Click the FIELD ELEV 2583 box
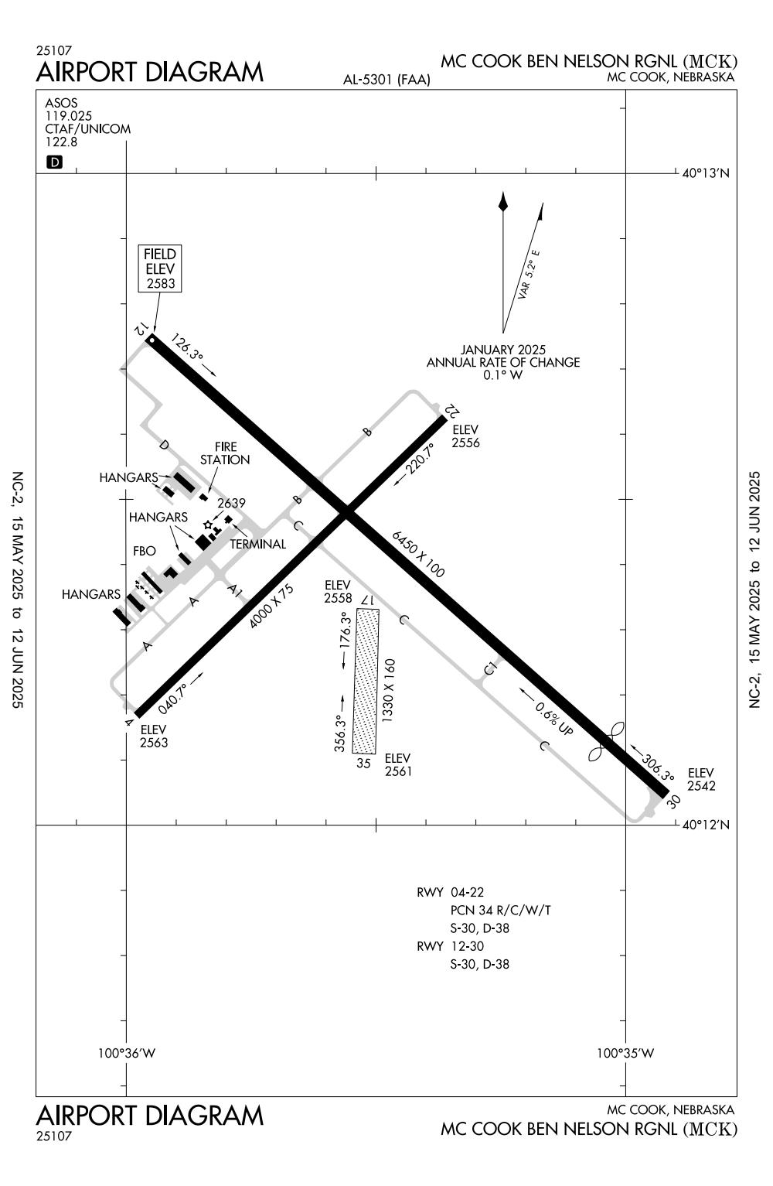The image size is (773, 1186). [x=160, y=268]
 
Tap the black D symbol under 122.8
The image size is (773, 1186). [x=55, y=162]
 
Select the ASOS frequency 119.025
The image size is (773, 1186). [x=68, y=116]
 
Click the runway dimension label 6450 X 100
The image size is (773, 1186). [x=418, y=554]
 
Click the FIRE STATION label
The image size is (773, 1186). [x=225, y=453]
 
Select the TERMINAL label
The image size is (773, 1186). [x=257, y=544]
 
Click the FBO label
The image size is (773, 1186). [x=145, y=551]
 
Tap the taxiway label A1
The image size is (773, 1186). [x=235, y=591]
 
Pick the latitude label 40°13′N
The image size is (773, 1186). [x=705, y=173]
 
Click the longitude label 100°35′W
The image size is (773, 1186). [x=625, y=1052]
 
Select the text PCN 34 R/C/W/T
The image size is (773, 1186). [x=500, y=910]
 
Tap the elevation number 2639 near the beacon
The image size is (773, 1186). [x=231, y=503]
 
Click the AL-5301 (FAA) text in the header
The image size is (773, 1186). [x=386, y=80]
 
